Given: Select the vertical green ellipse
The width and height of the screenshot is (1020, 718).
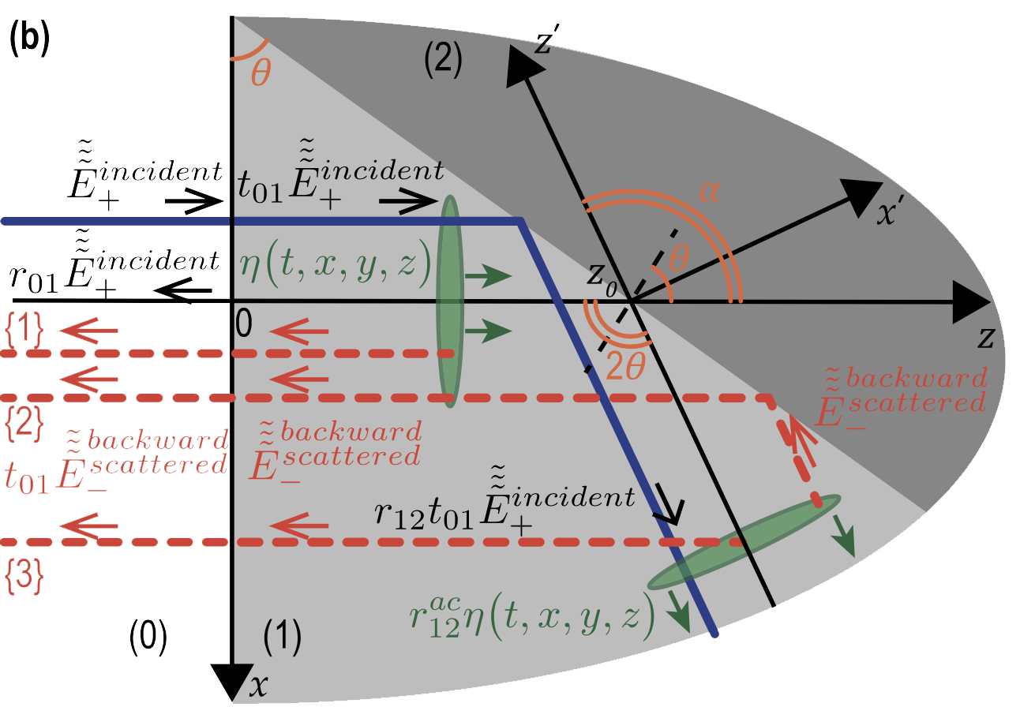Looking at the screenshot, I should tap(449, 300).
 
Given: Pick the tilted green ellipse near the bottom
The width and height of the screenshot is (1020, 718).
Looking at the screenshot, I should tap(743, 542).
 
